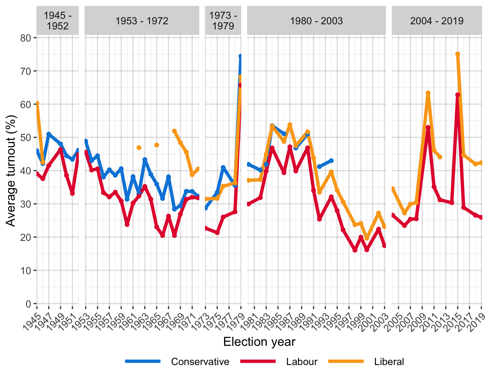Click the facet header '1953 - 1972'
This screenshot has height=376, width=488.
click(x=142, y=21)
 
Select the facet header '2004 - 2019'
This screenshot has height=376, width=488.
click(x=436, y=21)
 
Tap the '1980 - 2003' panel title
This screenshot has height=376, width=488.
click(x=316, y=21)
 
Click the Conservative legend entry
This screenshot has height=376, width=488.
click(x=200, y=362)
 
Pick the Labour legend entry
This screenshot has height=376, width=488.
click(x=301, y=362)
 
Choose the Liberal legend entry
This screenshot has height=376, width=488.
click(x=389, y=362)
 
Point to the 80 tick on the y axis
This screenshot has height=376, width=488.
click(x=26, y=38)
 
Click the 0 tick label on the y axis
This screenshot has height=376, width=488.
click(x=29, y=304)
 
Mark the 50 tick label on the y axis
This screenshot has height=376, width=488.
click(x=26, y=138)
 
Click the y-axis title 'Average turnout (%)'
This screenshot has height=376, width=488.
click(x=11, y=171)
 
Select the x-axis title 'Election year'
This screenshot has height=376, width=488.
click(x=259, y=342)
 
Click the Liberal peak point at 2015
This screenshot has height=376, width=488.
click(x=457, y=54)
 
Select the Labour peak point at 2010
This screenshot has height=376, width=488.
click(x=428, y=128)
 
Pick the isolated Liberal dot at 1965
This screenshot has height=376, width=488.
click(x=156, y=145)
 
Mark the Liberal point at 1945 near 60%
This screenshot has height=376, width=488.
click(x=37, y=103)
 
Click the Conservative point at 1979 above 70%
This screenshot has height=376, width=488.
click(x=240, y=56)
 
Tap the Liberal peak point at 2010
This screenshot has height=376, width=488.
click(x=428, y=93)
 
